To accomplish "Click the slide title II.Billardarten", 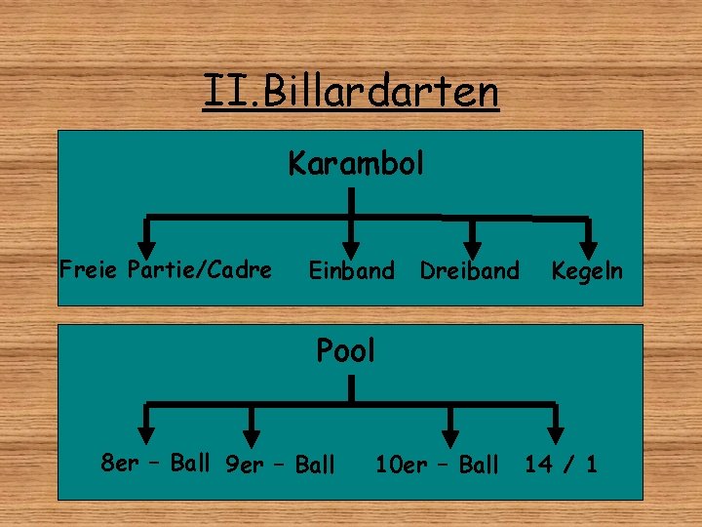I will [351, 93].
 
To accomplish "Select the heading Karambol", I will [356, 163].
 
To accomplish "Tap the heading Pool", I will [346, 350].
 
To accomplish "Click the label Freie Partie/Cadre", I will [166, 269].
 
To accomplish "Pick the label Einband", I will [352, 270].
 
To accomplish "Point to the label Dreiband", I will [470, 270].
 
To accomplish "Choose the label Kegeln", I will [586, 270].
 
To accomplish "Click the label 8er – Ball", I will [155, 463].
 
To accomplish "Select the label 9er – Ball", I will [279, 465].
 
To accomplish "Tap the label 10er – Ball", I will [437, 465].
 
